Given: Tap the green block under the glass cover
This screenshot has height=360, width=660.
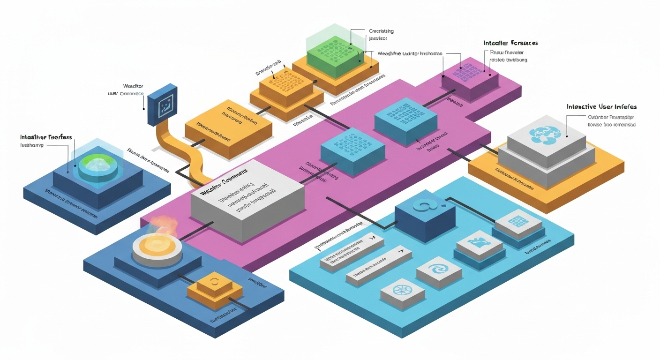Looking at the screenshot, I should (333, 55).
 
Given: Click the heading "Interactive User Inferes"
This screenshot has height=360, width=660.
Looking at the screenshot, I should (601, 107).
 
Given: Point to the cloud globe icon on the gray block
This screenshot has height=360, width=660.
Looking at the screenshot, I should (544, 134).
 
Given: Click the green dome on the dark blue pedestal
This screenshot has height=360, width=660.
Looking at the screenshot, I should (98, 165).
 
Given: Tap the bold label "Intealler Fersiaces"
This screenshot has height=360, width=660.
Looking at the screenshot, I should (510, 43).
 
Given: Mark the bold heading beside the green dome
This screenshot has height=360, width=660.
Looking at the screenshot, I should (46, 137).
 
